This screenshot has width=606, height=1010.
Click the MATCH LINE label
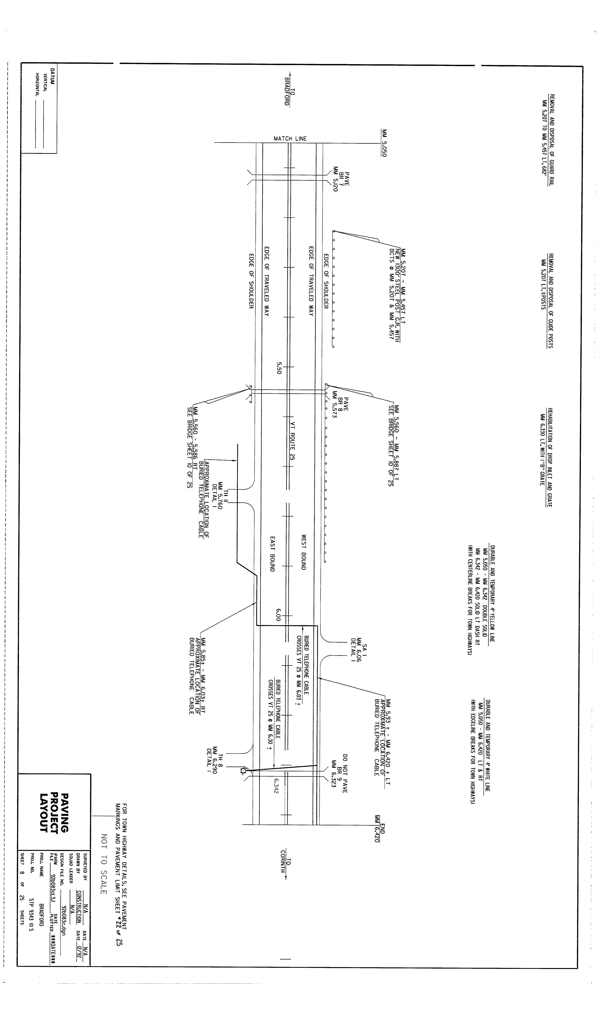pyautogui.click(x=290, y=138)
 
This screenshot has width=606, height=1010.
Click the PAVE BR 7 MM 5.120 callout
pyautogui.click(x=341, y=179)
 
